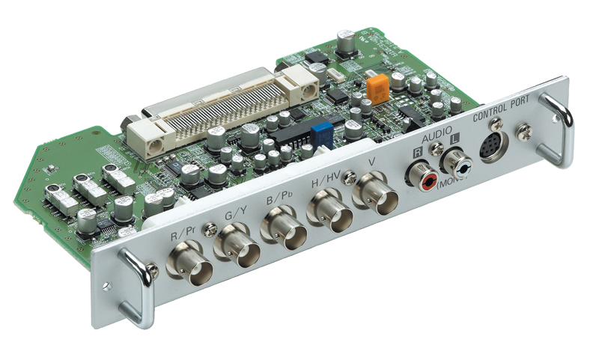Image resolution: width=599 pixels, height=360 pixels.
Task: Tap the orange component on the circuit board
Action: point(378,89)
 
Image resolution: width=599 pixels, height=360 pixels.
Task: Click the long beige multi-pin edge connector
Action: point(225,112)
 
